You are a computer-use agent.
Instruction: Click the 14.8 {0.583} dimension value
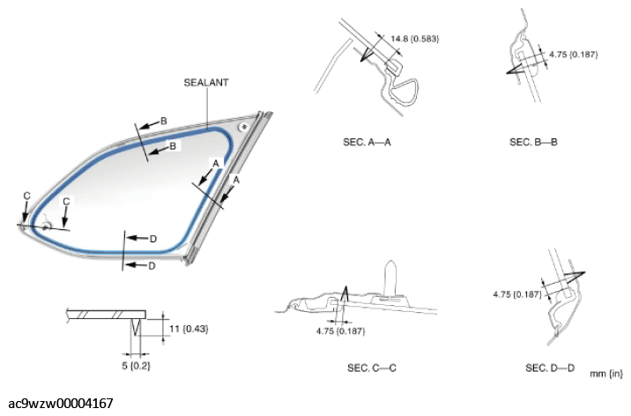(414, 39)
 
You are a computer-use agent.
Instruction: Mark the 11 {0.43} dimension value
(186, 328)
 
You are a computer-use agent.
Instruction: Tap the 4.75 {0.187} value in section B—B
(573, 55)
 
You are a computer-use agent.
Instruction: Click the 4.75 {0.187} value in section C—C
(340, 331)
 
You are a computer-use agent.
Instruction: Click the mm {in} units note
(605, 374)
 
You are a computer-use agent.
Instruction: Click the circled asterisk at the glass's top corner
(242, 126)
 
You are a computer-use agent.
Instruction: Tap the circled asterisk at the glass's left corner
(43, 227)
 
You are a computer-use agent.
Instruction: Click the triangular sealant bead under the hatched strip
(135, 330)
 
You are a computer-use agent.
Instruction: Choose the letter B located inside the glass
(172, 145)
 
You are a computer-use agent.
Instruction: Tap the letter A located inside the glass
(214, 163)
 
